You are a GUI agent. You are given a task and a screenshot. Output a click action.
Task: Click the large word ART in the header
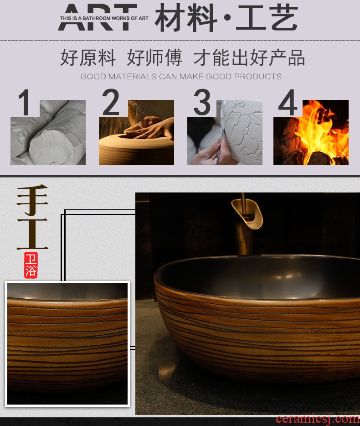98,17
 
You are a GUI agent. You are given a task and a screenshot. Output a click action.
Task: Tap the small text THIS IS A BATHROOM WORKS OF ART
104,18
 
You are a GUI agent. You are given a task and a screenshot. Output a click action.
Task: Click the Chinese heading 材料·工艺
226,18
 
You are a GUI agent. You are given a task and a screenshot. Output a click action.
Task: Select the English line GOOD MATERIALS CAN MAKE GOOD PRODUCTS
181,76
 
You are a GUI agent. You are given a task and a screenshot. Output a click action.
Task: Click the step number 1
25,102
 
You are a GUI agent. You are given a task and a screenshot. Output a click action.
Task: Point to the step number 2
111,102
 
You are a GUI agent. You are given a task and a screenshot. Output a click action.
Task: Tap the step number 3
202,102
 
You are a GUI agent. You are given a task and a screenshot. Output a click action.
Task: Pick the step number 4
288,102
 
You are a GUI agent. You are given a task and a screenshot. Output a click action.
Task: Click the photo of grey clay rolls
48,132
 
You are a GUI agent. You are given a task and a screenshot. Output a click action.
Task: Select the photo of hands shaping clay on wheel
136,132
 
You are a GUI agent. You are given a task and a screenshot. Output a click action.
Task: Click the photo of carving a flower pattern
225,132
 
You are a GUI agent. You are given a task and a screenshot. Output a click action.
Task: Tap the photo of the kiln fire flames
311,132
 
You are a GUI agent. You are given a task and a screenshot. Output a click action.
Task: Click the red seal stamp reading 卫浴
31,265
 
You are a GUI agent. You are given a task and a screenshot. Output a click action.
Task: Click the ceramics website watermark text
318,420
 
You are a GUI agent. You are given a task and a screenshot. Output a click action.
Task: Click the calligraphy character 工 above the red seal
32,234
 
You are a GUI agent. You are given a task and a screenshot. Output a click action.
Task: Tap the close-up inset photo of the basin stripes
67,344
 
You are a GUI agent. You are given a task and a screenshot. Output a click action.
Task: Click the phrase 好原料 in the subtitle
88,57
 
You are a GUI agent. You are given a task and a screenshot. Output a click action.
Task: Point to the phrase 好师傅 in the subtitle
154,57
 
